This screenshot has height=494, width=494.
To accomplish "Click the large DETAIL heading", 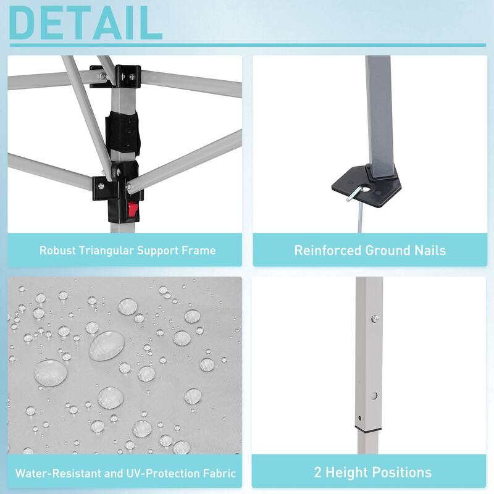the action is (x=86, y=22).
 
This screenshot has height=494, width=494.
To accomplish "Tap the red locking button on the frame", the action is (x=133, y=210).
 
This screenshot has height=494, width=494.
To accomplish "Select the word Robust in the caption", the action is (x=57, y=251).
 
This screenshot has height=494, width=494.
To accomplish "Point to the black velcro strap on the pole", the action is (x=122, y=133).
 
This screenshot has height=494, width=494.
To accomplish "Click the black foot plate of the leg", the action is (x=367, y=186).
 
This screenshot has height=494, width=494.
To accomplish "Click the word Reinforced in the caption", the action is (x=328, y=251).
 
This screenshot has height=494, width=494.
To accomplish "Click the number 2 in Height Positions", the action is (x=317, y=472).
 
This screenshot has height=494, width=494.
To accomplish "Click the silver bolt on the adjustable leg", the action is (x=375, y=319).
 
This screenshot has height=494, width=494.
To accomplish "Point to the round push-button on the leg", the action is (x=374, y=396).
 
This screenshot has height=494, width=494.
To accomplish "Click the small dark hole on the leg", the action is (x=360, y=419).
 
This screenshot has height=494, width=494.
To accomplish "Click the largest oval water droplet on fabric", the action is (x=107, y=346).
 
